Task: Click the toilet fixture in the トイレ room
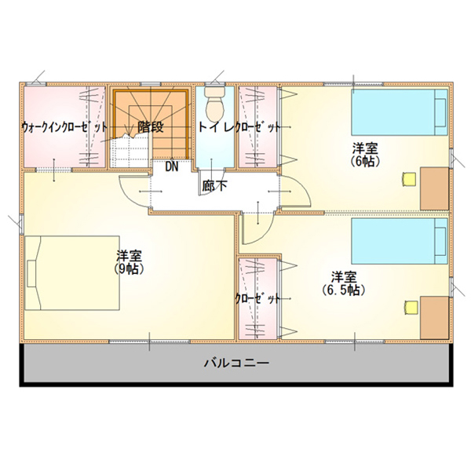pos(215,104)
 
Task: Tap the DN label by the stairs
pos(172,166)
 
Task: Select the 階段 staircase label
pos(151,127)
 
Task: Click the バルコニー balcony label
pos(237,363)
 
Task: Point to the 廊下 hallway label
pos(214,186)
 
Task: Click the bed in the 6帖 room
pos(400,112)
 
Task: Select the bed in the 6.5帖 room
pos(400,241)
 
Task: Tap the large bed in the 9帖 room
pos(72,272)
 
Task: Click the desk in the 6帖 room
pos(434,188)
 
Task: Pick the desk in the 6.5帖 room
pos(434,317)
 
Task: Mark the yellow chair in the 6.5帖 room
pos(410,308)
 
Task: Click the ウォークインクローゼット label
pos(64,127)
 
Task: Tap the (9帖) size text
pos(129,268)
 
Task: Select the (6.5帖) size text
pos(344,290)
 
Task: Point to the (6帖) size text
pos(365,161)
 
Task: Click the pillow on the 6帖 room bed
pos(441,112)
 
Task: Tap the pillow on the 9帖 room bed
pos(31,273)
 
